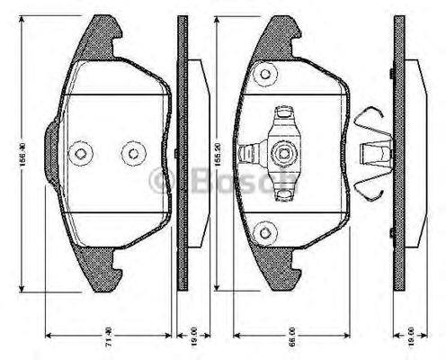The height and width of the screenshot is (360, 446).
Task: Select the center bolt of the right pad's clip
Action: tap(286, 151)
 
